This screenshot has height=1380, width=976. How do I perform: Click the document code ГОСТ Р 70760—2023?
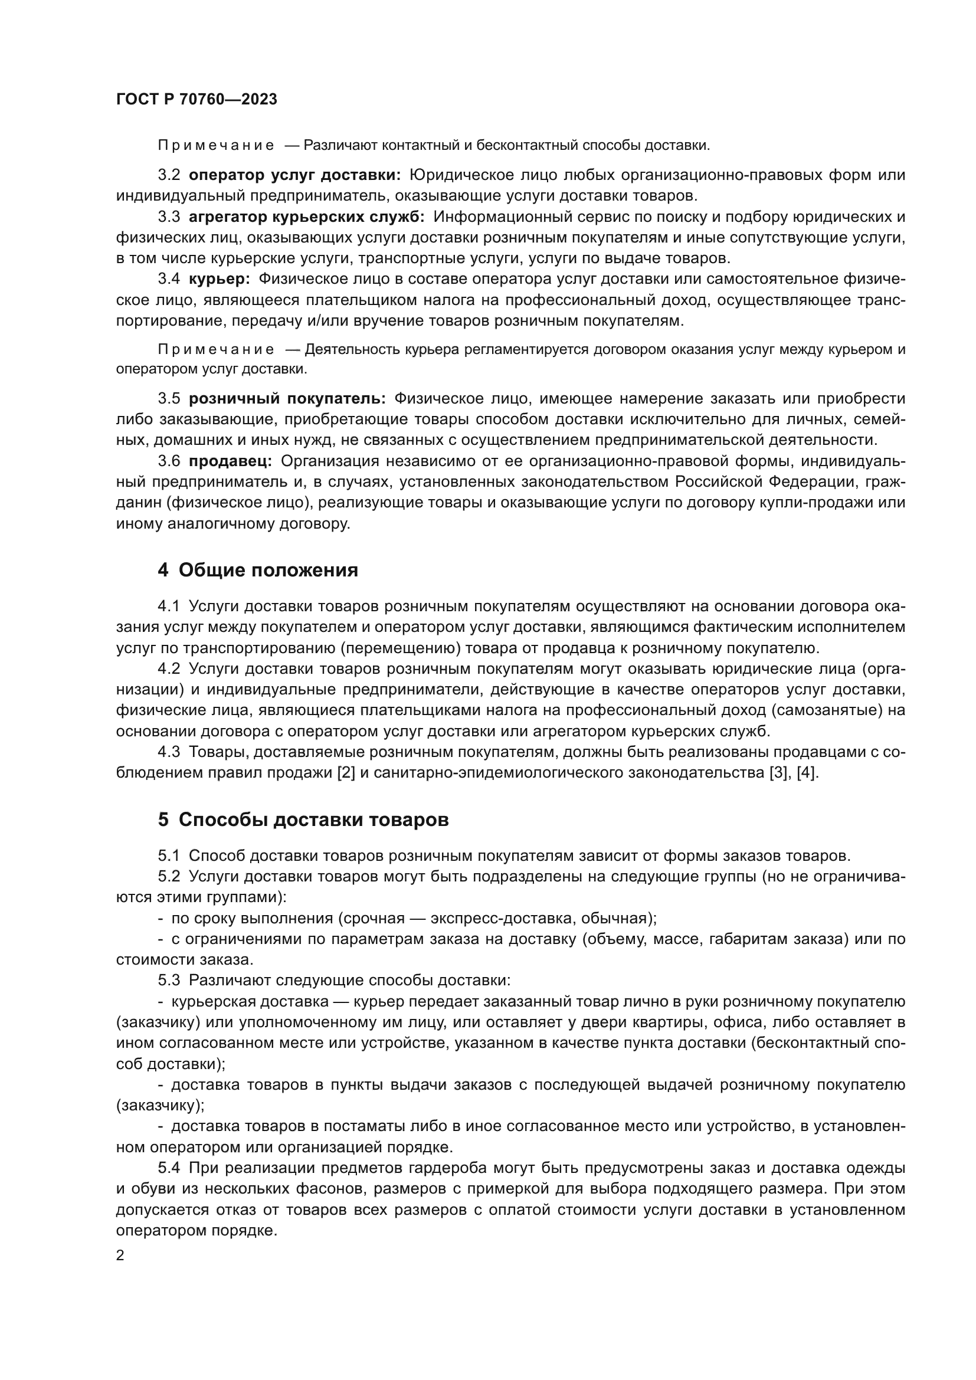click(x=196, y=100)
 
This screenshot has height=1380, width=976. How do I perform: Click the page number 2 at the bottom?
click(x=120, y=1255)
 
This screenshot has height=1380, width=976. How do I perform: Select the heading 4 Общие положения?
click(x=258, y=570)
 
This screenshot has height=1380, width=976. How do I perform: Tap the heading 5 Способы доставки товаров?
click(x=303, y=820)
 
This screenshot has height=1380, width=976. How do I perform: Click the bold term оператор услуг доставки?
click(x=294, y=175)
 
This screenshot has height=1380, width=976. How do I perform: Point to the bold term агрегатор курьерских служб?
click(x=306, y=217)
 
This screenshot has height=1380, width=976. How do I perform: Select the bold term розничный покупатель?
click(x=287, y=398)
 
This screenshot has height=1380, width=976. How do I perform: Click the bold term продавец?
click(x=230, y=461)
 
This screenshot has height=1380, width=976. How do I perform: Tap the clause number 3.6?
click(x=169, y=461)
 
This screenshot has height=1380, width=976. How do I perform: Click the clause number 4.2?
click(x=169, y=668)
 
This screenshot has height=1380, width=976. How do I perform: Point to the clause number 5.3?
click(x=169, y=981)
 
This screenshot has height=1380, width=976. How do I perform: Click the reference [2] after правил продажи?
click(x=347, y=772)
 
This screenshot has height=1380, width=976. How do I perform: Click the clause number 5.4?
click(x=169, y=1168)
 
